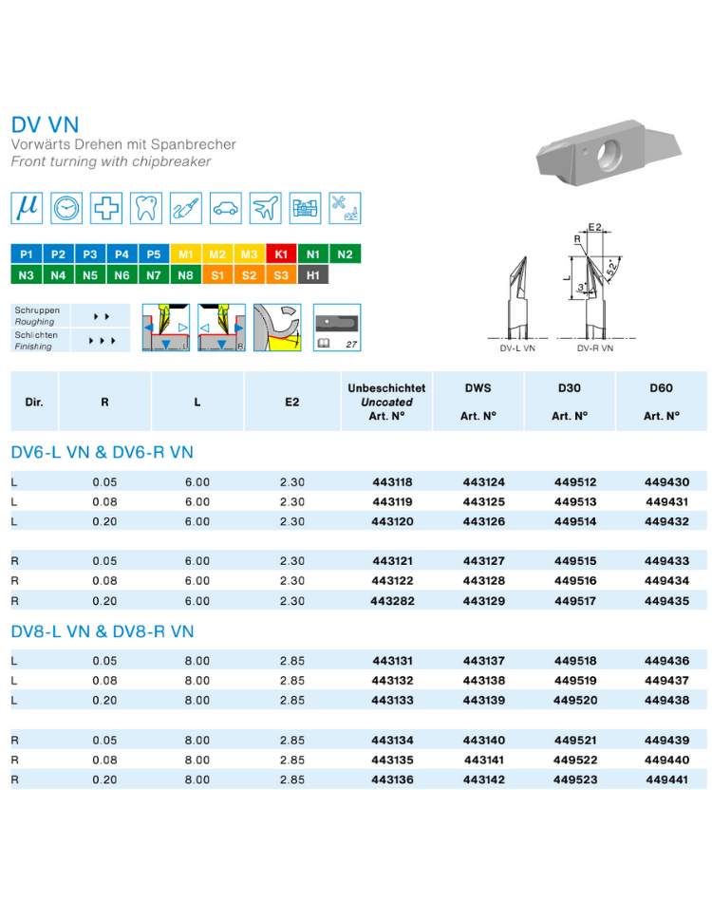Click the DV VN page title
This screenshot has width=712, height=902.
[45, 124]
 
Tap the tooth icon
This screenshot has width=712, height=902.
[146, 208]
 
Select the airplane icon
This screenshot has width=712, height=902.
[265, 208]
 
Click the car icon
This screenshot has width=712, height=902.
[225, 208]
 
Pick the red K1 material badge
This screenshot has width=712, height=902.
[281, 254]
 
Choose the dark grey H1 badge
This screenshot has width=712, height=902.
[313, 275]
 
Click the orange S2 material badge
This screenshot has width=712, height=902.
[249, 275]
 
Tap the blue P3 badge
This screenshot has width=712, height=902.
[90, 254]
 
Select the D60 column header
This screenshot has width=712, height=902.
[661, 388]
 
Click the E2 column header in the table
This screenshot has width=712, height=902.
[292, 403]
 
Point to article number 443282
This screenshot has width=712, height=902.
[392, 601]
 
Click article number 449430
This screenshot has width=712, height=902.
[666, 482]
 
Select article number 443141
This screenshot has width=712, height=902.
[483, 760]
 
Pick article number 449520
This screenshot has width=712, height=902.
[575, 700]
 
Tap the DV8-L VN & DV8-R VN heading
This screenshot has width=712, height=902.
[103, 631]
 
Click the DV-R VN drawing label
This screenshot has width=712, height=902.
[595, 348]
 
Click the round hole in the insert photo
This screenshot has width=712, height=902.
[609, 154]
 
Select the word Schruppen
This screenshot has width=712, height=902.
[37, 310]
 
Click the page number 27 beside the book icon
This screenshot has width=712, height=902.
[351, 344]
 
